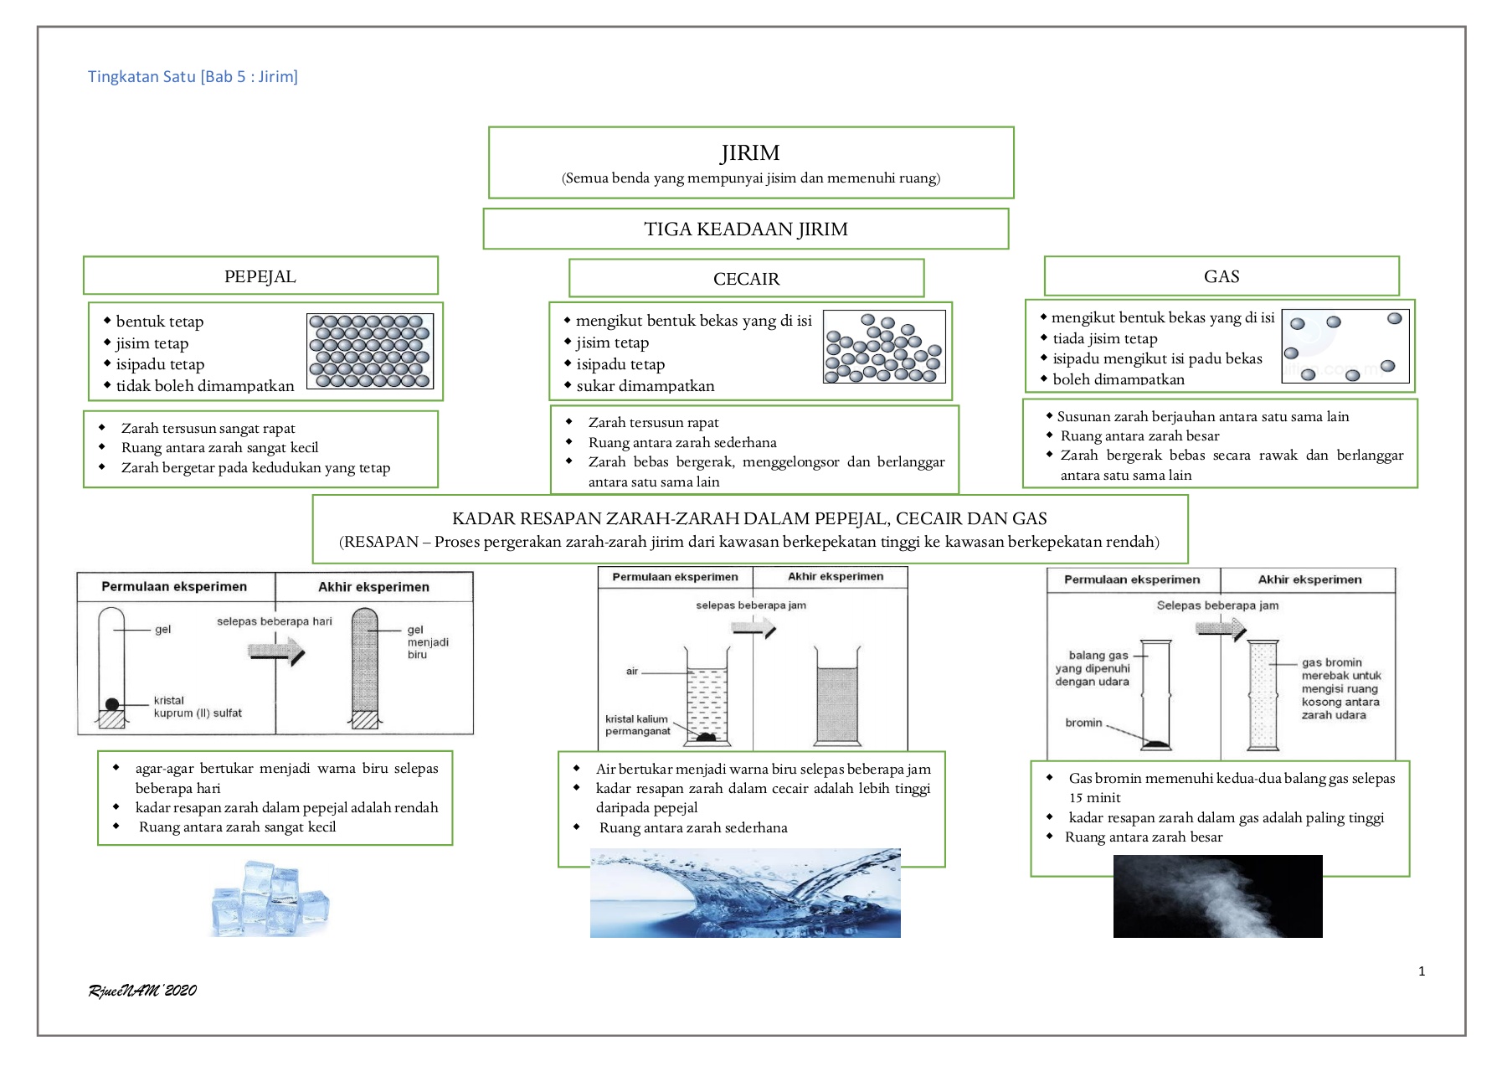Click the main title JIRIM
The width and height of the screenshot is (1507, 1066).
click(750, 153)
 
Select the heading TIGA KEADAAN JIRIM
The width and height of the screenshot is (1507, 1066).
click(746, 229)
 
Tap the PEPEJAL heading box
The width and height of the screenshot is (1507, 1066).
click(260, 276)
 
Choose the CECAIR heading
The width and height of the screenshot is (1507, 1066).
click(746, 279)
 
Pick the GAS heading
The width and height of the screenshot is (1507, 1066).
click(1222, 276)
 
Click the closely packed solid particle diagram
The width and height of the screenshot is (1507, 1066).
click(370, 351)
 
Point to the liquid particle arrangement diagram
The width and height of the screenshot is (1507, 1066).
click(884, 348)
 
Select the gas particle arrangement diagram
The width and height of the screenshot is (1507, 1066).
click(1345, 346)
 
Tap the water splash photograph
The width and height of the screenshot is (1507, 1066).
click(745, 893)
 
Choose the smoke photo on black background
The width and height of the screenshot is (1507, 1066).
click(1217, 896)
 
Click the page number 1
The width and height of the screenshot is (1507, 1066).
click(1422, 971)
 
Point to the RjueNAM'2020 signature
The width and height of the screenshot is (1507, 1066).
click(142, 991)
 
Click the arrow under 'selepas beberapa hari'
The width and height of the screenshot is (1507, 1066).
click(276, 651)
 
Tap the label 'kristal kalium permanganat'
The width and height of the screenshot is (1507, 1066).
click(638, 725)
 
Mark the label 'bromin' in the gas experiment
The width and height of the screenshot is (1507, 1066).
click(1083, 723)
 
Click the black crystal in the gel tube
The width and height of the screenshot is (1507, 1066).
click(112, 704)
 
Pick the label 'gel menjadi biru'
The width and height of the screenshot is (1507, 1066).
click(427, 642)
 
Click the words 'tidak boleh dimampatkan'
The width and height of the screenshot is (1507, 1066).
click(205, 386)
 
